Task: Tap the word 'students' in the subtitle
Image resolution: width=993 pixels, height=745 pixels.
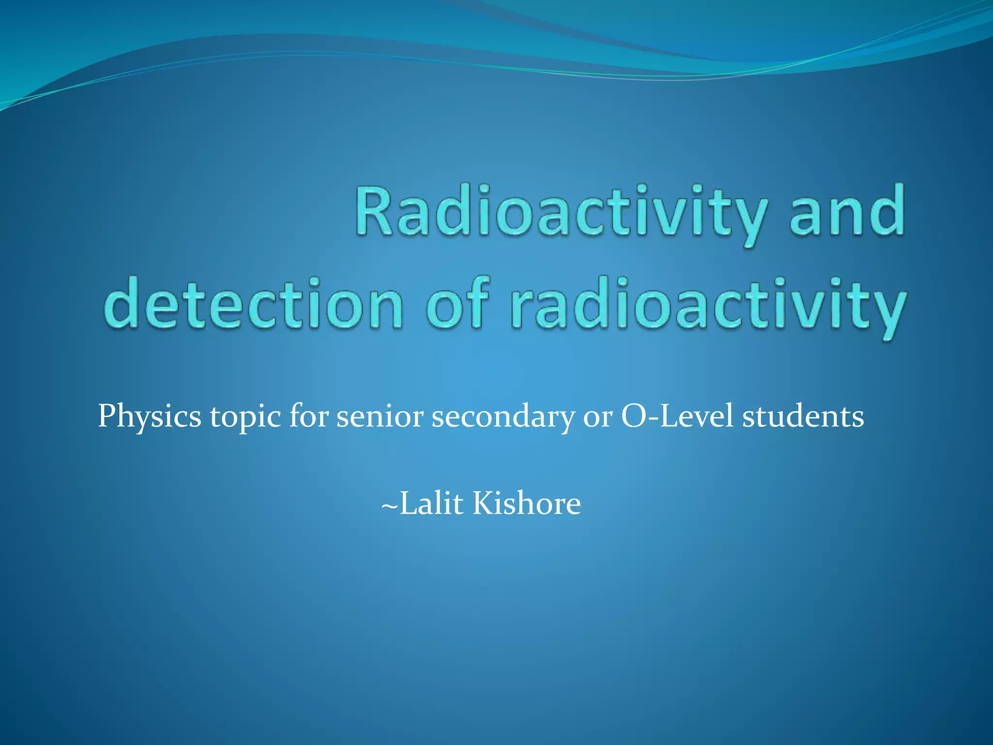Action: (803, 416)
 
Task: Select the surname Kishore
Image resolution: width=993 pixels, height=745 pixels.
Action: (527, 503)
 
